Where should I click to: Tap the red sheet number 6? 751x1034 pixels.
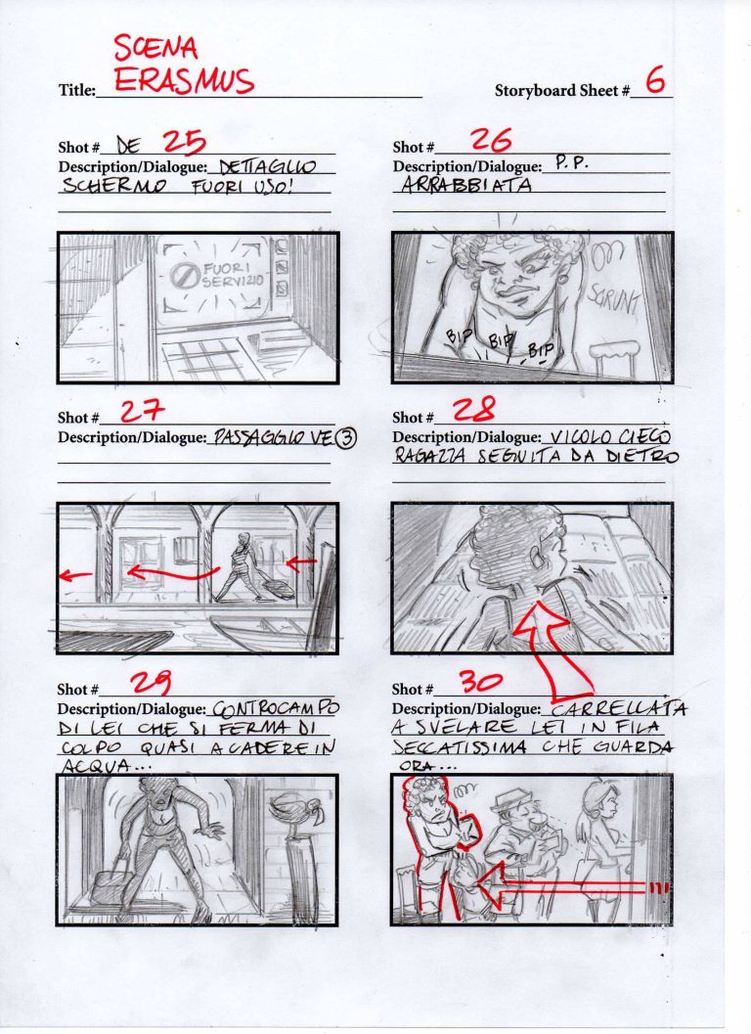tap(655, 82)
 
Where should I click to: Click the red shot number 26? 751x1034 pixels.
tap(491, 142)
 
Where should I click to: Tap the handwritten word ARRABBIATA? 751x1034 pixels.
tap(467, 186)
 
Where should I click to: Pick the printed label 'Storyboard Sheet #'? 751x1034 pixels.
tap(561, 91)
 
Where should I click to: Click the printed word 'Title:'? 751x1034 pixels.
tap(76, 91)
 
